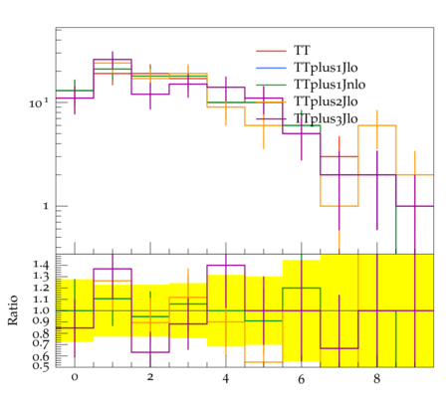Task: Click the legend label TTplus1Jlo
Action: click(x=326, y=68)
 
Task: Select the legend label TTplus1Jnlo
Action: click(x=330, y=85)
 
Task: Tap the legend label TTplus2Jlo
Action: click(x=326, y=101)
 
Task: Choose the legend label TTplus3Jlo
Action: click(x=326, y=118)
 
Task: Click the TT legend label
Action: click(x=302, y=51)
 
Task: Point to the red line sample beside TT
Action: click(x=271, y=51)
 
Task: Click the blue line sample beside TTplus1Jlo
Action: click(x=271, y=68)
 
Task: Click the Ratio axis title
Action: click(x=13, y=310)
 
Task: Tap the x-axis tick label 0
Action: click(x=75, y=378)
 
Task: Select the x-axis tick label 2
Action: click(x=150, y=378)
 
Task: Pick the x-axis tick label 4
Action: click(x=226, y=378)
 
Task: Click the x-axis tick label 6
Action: click(x=302, y=378)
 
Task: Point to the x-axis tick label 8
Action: click(x=376, y=378)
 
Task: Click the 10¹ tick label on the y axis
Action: click(x=39, y=102)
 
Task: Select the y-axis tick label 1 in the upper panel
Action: click(x=46, y=206)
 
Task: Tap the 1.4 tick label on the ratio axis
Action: click(x=41, y=265)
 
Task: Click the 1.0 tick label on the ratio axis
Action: click(x=41, y=310)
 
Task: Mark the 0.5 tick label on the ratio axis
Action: click(x=41, y=365)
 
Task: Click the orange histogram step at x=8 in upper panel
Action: click(x=377, y=125)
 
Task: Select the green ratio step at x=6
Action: click(x=302, y=288)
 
